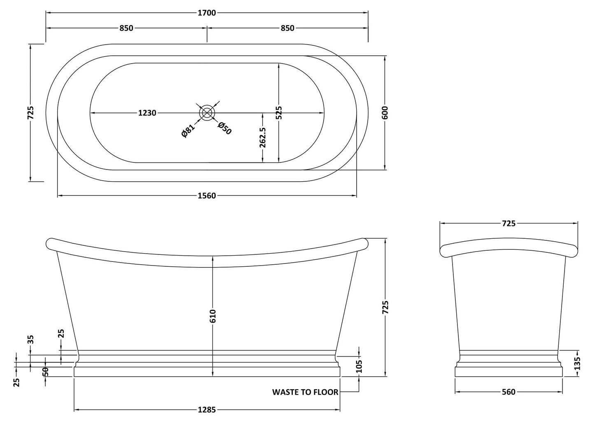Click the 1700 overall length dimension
207,13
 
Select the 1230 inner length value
147,113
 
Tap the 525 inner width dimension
279,113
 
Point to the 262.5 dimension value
263,137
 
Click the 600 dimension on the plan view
385,113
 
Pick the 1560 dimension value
207,196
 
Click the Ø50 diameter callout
225,128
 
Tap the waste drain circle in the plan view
207,113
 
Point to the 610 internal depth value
212,316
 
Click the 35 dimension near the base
30,339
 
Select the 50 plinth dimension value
45,372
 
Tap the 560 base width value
509,392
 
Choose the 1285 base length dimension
207,410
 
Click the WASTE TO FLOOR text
305,392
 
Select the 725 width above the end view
509,223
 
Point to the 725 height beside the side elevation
385,308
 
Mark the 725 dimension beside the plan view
30,113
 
